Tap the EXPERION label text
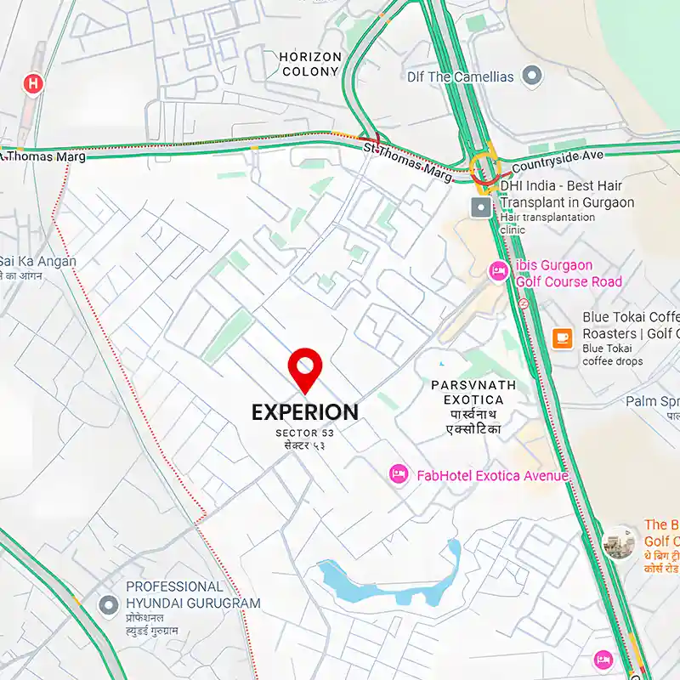tap(304, 412)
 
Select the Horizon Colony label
tap(310, 65)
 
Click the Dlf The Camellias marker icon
tap(532, 76)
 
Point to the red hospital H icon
tap(33, 83)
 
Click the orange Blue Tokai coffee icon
tap(562, 337)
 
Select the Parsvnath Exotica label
tap(473, 392)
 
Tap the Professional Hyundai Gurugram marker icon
tap(108, 605)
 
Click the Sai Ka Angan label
tap(37, 262)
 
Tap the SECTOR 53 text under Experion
tap(304, 433)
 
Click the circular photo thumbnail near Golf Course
tap(619, 542)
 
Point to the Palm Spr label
tap(652, 401)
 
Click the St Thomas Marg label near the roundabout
tap(408, 160)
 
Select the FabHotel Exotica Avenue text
tap(492, 476)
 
